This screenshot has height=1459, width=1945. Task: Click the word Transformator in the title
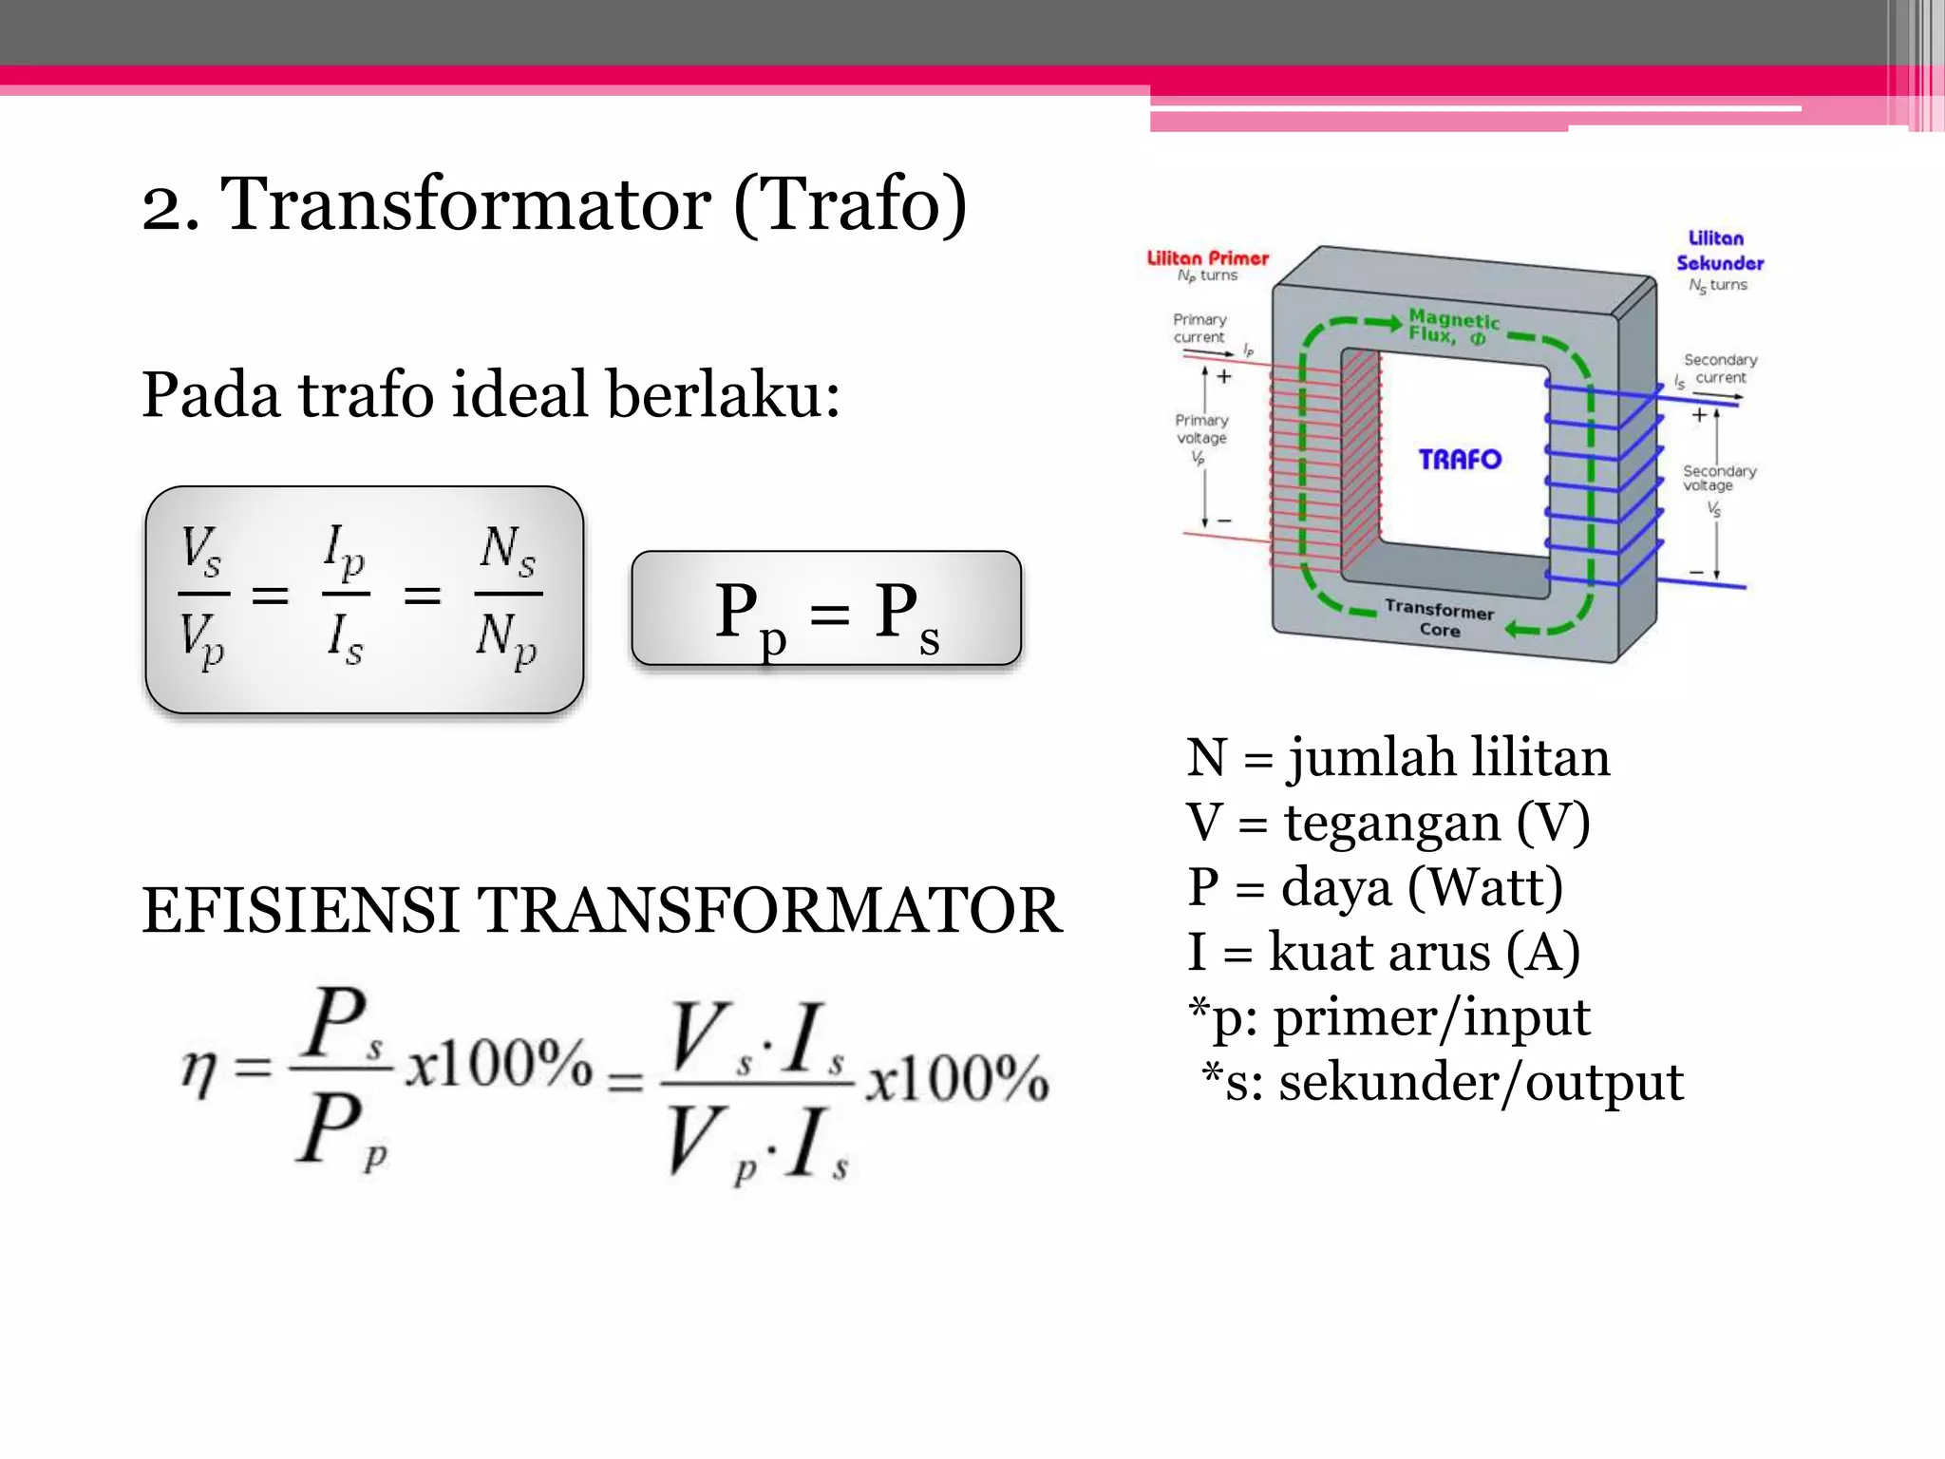tap(465, 204)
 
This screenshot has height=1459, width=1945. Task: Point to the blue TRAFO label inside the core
tap(1460, 460)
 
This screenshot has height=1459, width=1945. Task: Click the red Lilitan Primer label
tap(1207, 258)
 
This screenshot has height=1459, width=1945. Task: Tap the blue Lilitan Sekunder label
tap(1719, 251)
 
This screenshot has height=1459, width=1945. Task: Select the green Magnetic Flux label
tap(1453, 327)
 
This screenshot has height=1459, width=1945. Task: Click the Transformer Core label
tap(1439, 618)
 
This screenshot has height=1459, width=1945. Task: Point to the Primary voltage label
tap(1201, 429)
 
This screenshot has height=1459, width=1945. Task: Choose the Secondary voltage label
tap(1719, 478)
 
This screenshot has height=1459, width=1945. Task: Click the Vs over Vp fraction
tap(203, 596)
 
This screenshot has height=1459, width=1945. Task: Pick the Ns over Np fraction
tap(508, 596)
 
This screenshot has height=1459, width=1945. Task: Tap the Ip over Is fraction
tap(345, 596)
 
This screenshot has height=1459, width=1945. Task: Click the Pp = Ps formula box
tap(826, 609)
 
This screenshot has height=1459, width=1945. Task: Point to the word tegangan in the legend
tap(1391, 823)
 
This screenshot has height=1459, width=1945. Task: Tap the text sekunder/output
tap(1481, 1082)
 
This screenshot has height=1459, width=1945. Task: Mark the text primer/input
tap(1430, 1017)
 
